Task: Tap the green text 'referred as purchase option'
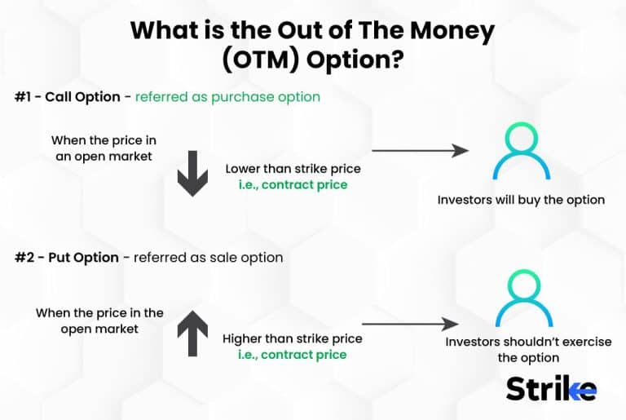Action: click(227, 97)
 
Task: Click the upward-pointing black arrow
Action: click(192, 335)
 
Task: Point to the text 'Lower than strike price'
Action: click(293, 170)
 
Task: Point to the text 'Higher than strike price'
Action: click(293, 338)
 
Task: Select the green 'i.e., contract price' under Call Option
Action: click(293, 185)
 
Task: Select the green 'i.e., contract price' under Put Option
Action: click(293, 355)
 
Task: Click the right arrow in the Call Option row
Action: click(419, 151)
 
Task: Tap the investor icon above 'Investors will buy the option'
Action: click(522, 152)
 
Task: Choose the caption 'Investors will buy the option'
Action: click(521, 200)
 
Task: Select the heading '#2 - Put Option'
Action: click(66, 258)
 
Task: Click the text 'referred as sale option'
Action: click(209, 258)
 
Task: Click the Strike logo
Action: click(551, 388)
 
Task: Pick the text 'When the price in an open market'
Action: click(101, 148)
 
